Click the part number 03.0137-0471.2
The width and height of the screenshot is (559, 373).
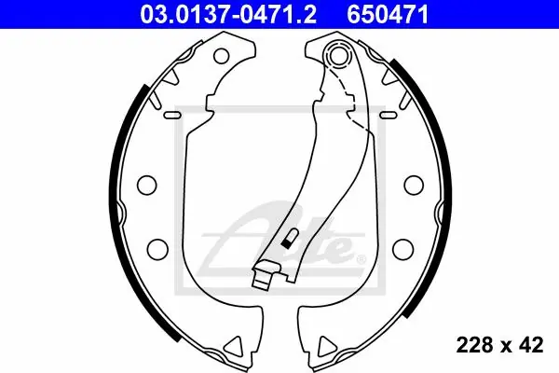coord(228,15)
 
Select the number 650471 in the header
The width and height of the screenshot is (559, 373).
coord(388,15)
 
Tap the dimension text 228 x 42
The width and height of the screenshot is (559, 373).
coord(499,345)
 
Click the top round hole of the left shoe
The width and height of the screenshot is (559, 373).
coord(222,56)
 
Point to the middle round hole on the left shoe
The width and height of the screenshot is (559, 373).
coord(146,186)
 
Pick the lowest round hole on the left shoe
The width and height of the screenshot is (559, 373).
coord(157,247)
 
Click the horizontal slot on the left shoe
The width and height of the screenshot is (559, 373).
coord(172,115)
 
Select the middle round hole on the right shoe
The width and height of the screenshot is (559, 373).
coord(414,186)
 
